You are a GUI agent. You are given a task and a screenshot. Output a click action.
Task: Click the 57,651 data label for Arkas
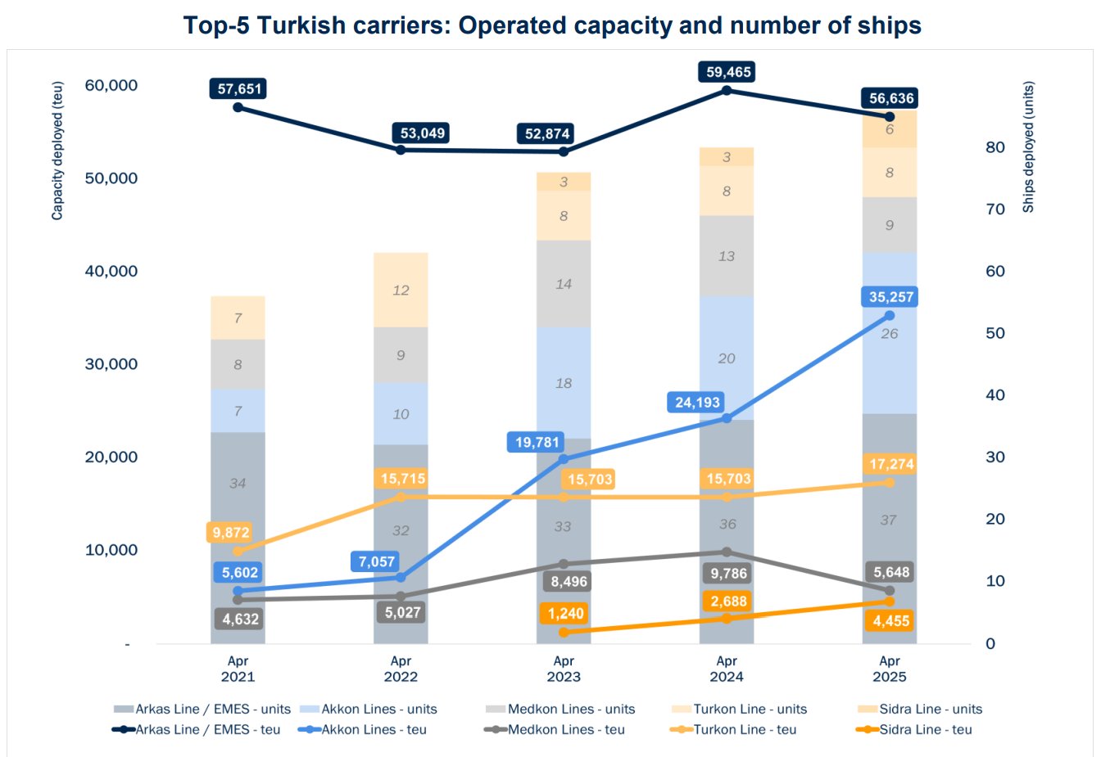(238, 88)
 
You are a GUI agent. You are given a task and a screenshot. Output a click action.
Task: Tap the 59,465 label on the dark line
(728, 72)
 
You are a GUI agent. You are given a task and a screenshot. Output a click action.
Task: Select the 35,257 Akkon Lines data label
(890, 297)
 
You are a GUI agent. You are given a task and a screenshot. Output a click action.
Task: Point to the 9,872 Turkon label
(230, 533)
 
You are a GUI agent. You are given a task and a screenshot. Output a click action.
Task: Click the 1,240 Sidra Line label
(566, 614)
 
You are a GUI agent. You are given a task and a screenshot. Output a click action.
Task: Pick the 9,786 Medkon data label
(728, 573)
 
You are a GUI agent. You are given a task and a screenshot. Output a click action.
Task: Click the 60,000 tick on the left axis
(111, 85)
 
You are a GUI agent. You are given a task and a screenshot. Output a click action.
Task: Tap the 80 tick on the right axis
(995, 147)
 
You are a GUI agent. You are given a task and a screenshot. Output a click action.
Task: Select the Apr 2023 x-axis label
(564, 669)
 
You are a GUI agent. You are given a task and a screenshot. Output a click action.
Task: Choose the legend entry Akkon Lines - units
(378, 710)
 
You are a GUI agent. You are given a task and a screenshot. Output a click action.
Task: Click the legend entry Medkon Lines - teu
(565, 730)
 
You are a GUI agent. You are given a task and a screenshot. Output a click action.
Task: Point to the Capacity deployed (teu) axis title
(57, 151)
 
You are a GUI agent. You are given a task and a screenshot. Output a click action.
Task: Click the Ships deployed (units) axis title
(1028, 147)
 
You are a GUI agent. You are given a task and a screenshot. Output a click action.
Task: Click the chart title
(552, 25)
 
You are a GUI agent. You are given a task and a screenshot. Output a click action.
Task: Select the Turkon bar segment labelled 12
(401, 291)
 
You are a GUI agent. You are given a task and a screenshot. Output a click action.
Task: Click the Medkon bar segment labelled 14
(564, 284)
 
